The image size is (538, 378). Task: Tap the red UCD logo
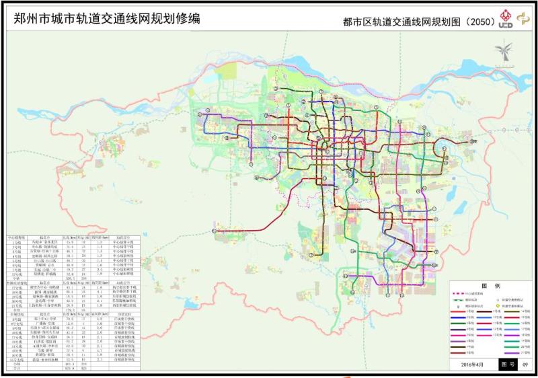[507, 20]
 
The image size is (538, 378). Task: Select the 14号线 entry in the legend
[524, 312]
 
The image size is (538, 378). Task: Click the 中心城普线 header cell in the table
[16, 237]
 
